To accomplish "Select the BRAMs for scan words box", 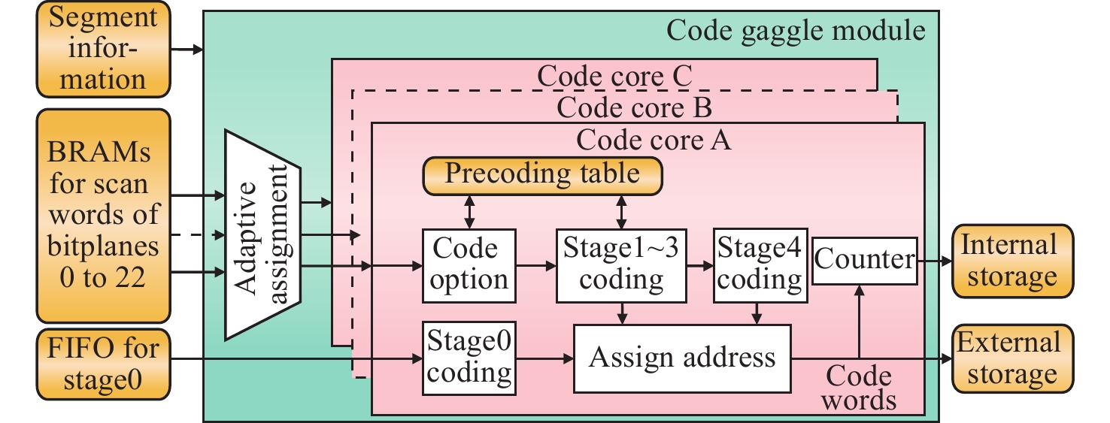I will point(102,217).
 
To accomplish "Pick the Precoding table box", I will point(542,174).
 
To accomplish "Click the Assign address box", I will point(682,358).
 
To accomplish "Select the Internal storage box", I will point(1009,261).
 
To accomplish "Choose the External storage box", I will point(1009,358).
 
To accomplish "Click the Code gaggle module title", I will point(796,30).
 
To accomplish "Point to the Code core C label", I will point(614,76).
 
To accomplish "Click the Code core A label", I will point(654,140).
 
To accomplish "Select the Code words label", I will point(858,387).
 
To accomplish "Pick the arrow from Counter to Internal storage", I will point(934,261).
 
